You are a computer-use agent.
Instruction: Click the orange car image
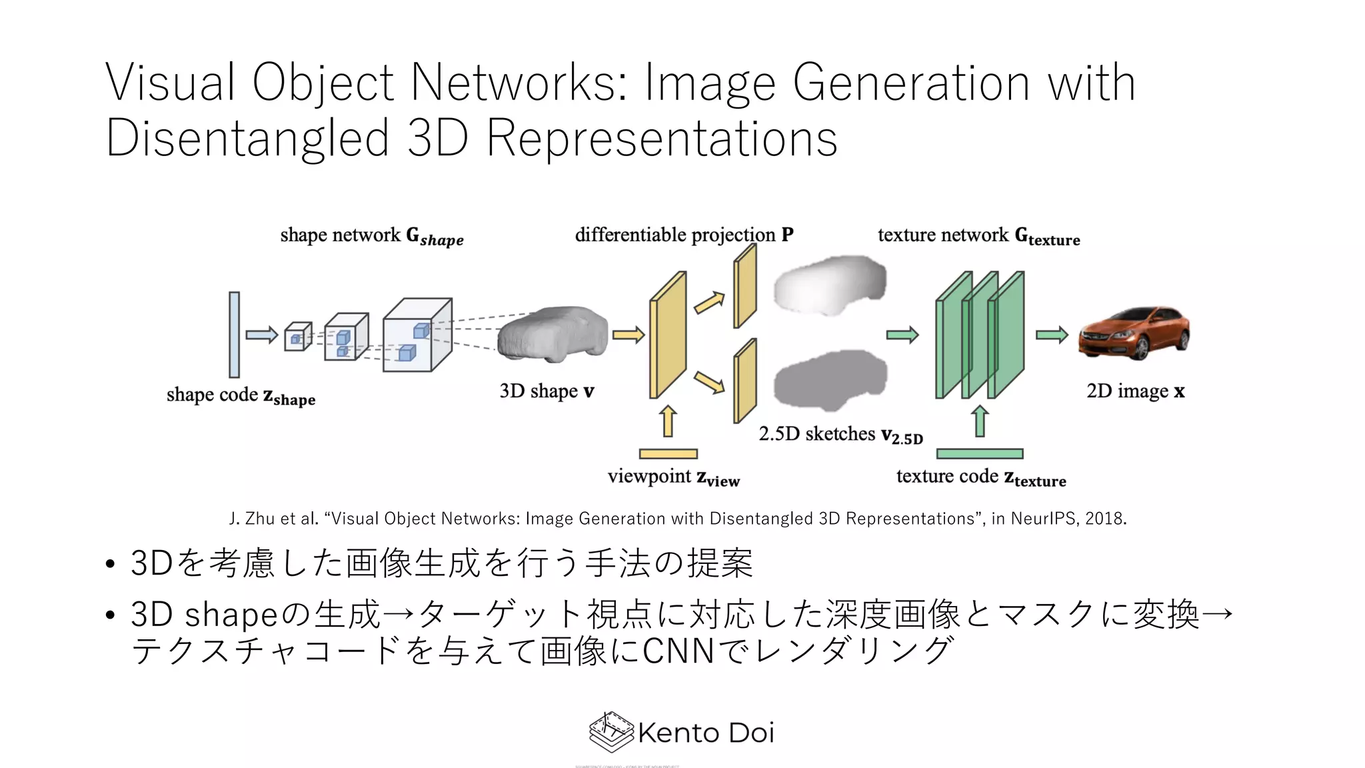[1134, 333]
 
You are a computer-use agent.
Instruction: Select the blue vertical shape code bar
[234, 335]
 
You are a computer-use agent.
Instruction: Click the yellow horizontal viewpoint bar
[668, 454]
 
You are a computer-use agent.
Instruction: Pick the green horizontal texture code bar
[979, 454]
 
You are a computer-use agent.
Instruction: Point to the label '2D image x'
[1135, 391]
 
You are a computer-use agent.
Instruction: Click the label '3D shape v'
[547, 391]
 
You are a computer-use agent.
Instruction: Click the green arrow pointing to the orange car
[1052, 335]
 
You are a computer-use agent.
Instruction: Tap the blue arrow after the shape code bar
[261, 335]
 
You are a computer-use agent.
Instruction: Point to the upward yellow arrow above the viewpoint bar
[668, 421]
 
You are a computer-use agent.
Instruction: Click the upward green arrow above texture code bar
[979, 421]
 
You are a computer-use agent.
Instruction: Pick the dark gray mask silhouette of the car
[830, 380]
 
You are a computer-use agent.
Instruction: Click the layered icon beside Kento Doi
[611, 732]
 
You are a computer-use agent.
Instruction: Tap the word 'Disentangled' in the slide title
[247, 138]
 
